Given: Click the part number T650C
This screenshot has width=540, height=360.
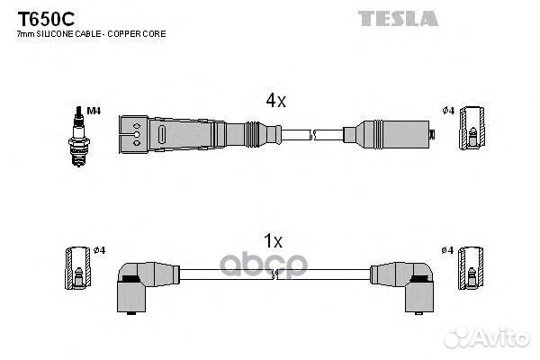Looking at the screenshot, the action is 46,19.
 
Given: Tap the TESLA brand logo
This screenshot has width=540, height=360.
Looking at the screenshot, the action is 398,19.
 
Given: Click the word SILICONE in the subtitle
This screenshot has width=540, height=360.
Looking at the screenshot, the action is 54,34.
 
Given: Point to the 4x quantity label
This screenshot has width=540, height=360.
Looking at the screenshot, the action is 275,101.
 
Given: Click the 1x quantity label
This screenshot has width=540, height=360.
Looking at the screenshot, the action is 273,240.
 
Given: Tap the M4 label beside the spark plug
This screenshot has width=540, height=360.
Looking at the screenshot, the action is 94,111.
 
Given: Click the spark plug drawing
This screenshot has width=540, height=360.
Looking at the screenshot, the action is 79,137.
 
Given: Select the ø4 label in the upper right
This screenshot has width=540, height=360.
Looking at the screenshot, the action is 448,111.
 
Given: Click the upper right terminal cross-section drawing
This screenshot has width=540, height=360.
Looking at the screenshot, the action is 472,128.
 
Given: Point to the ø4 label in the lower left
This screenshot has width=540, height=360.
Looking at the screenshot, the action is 100,250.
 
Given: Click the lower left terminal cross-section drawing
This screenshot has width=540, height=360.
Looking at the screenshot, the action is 78,267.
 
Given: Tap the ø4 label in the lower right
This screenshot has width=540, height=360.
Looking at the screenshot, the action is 447,250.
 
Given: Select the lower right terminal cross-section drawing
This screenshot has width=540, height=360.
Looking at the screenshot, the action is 471,267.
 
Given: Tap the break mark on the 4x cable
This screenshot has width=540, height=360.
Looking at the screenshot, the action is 312,135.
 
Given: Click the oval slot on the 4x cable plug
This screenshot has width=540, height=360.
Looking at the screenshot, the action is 162,134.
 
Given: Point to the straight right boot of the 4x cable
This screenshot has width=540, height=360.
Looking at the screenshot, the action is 389,135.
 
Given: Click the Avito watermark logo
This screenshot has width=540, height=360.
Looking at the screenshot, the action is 487,337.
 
